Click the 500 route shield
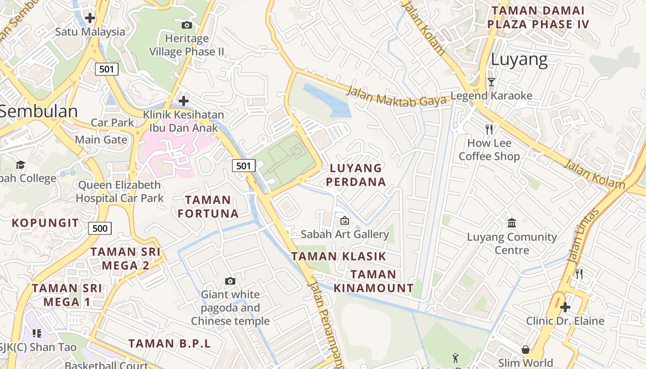100,228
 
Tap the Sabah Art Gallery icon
344,220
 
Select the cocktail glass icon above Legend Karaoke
491,82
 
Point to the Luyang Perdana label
356,175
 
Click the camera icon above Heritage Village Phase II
187,25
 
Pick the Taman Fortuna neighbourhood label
208,207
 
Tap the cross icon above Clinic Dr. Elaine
565,307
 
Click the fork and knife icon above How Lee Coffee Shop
489,129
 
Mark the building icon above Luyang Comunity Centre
512,223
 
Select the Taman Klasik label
338,256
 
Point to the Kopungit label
45,223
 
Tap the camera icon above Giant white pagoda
230,281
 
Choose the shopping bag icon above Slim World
525,349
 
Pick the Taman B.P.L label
169,344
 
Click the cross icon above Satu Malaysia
90,18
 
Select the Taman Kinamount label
373,281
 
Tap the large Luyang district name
519,60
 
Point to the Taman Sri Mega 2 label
126,258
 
